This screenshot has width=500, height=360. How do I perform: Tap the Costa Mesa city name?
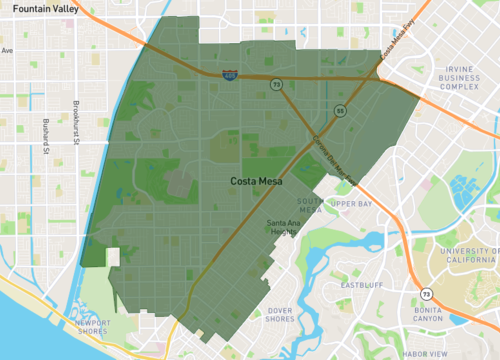[257, 181]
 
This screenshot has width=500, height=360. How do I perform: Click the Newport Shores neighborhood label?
[100, 327]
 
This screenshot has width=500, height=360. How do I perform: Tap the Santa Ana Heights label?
[283, 227]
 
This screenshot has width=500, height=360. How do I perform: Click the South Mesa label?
[310, 206]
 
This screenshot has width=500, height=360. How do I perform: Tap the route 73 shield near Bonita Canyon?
[427, 294]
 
